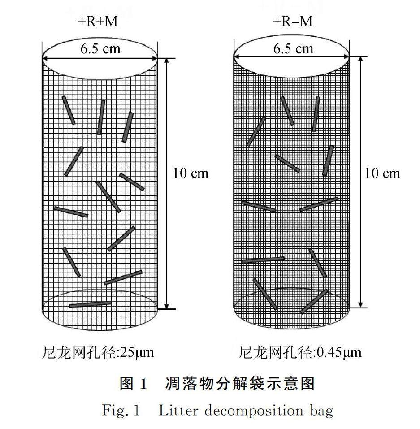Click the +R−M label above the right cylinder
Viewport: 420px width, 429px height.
click(293, 21)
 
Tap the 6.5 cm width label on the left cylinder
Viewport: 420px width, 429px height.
click(100, 48)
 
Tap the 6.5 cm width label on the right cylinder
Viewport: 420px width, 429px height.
click(293, 48)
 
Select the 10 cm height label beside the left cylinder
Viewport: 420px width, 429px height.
click(191, 173)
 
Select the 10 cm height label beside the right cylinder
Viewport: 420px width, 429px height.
click(382, 173)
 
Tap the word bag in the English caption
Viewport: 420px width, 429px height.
click(321, 411)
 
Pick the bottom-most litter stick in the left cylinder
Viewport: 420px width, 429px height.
click(91, 304)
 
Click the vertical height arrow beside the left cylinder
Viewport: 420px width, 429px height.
click(167, 184)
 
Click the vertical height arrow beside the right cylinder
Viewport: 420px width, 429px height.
click(362, 184)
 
